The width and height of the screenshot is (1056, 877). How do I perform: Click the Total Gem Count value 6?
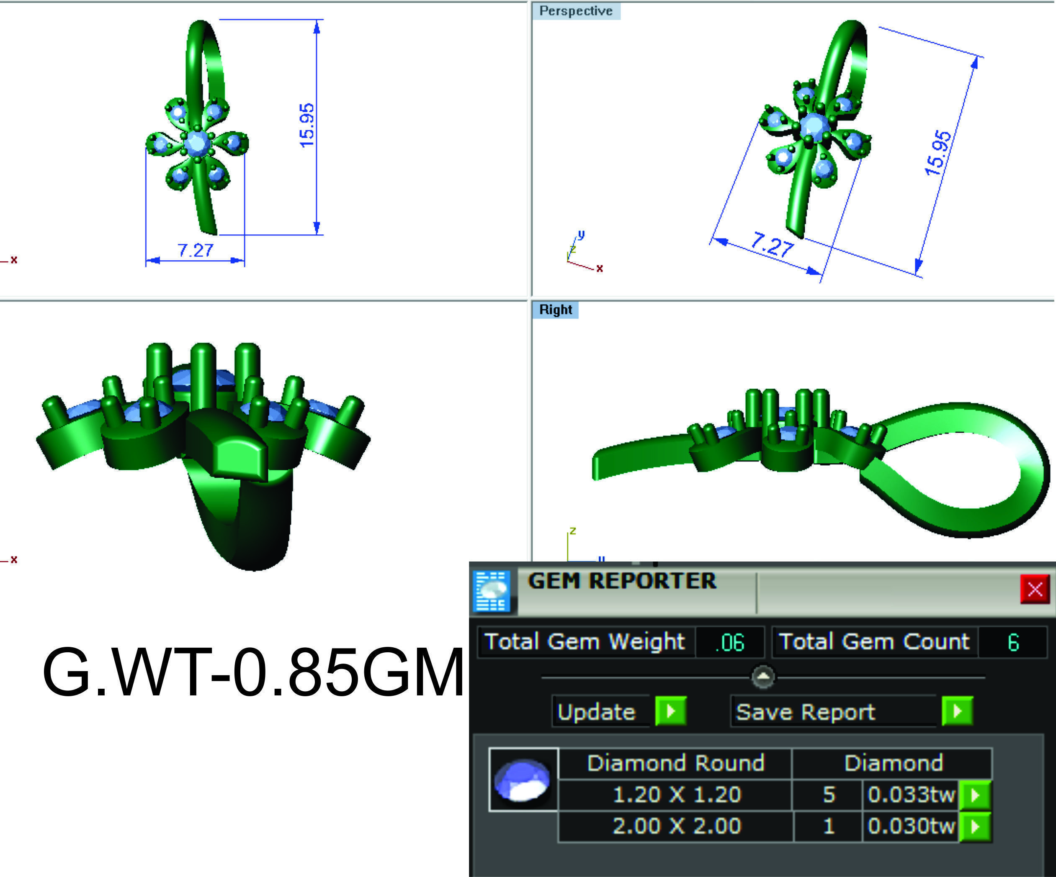[x=1013, y=642]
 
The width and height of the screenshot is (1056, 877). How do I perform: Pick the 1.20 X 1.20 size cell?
[x=676, y=795]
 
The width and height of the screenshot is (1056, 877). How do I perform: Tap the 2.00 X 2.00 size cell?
[x=676, y=826]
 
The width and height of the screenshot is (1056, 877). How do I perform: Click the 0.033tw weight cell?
[x=911, y=795]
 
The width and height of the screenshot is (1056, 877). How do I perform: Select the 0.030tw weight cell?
[x=911, y=826]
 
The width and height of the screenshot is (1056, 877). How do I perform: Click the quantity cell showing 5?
[x=828, y=795]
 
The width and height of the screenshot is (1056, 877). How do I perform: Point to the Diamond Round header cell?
[x=675, y=763]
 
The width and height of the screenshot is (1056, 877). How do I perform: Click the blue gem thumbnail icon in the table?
[x=523, y=780]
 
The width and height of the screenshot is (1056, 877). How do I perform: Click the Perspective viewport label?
[x=576, y=11]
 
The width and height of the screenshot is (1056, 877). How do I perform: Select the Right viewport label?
[x=555, y=310]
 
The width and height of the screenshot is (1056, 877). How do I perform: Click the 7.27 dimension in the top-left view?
[x=195, y=250]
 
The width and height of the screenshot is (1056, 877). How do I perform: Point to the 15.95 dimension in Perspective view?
[x=938, y=153]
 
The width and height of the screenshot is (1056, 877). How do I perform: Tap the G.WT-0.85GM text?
[x=253, y=672]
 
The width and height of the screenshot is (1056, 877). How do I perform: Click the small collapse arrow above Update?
[x=763, y=677]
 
